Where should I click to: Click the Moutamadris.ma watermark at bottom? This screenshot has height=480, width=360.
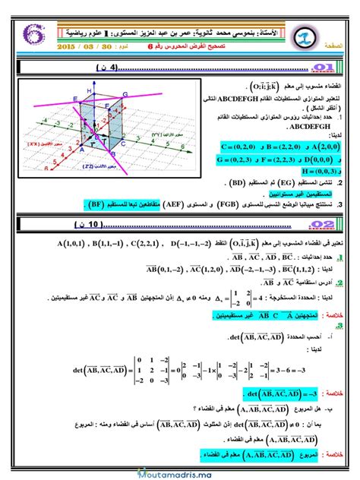coord(179,472)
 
